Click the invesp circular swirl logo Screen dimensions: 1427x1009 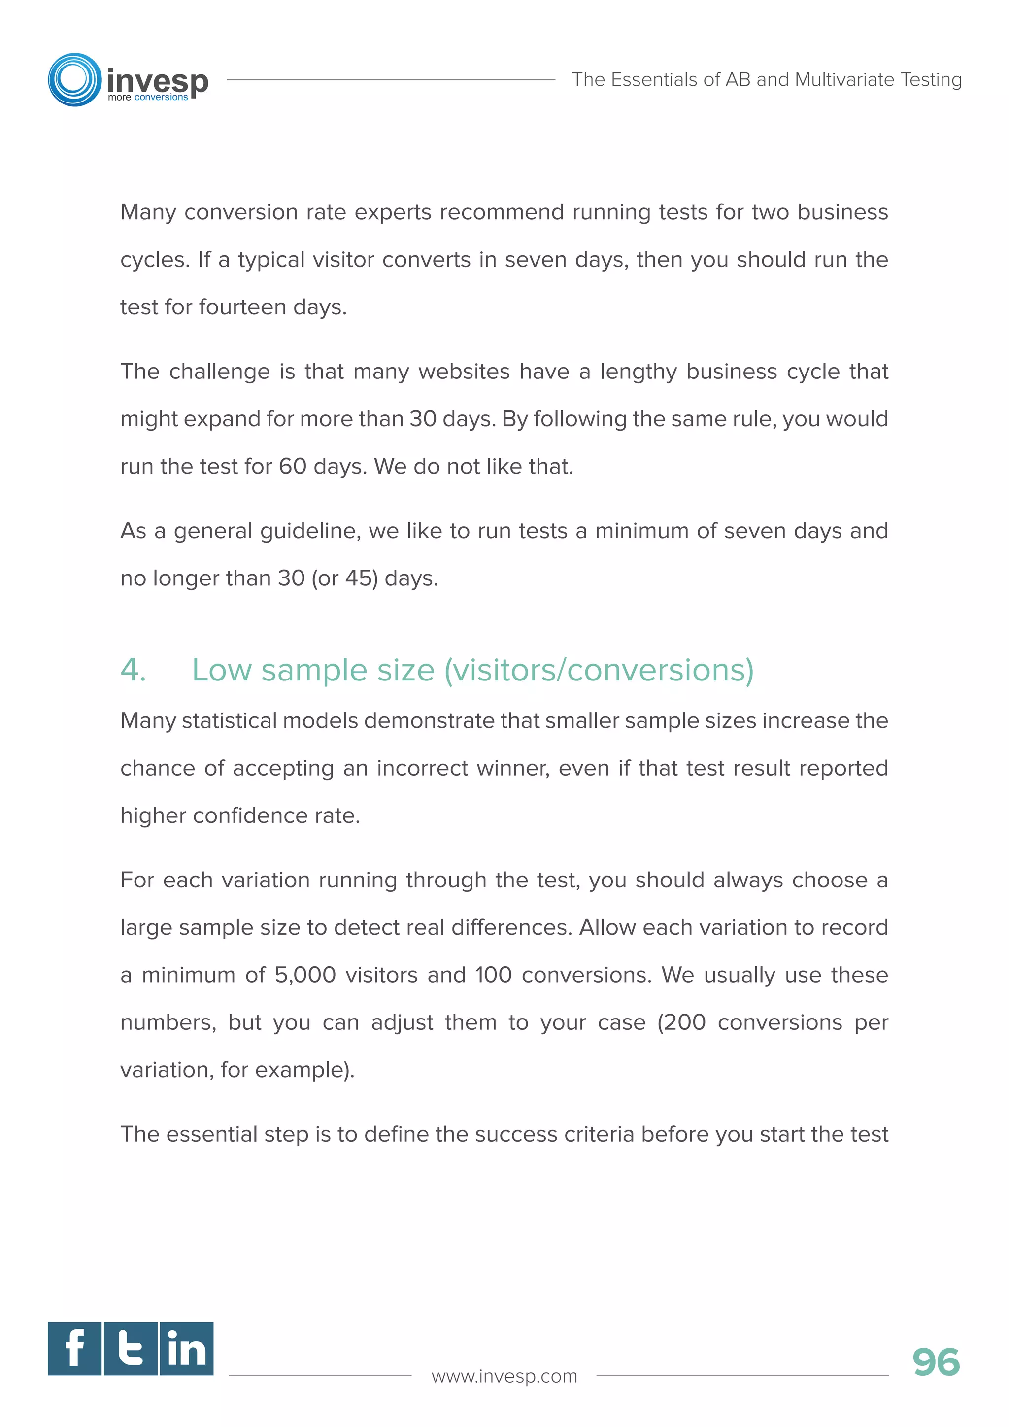(x=74, y=79)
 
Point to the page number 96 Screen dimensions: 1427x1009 (x=936, y=1362)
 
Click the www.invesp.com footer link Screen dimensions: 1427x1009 (x=504, y=1376)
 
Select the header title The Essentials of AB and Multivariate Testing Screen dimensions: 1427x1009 (x=767, y=79)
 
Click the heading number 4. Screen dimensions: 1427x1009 (x=133, y=670)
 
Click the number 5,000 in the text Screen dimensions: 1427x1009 (x=305, y=975)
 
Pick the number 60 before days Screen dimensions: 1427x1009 (x=293, y=466)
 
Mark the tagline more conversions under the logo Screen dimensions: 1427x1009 (x=147, y=98)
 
